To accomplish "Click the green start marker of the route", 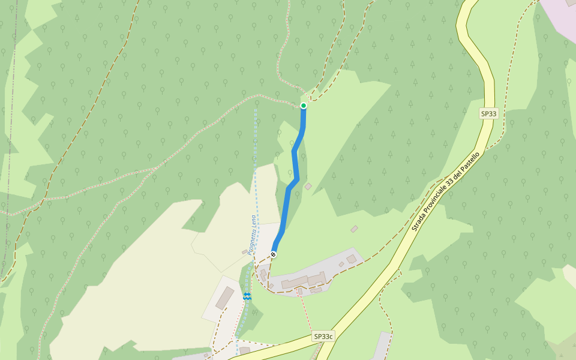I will [x=304, y=106].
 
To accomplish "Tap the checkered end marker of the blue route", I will [x=274, y=254].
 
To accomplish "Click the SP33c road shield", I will [x=323, y=337].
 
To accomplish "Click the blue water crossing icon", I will [x=247, y=296].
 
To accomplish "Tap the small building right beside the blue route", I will [x=308, y=187].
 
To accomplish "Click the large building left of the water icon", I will [x=225, y=298].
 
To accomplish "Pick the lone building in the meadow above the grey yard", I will [x=355, y=229].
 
